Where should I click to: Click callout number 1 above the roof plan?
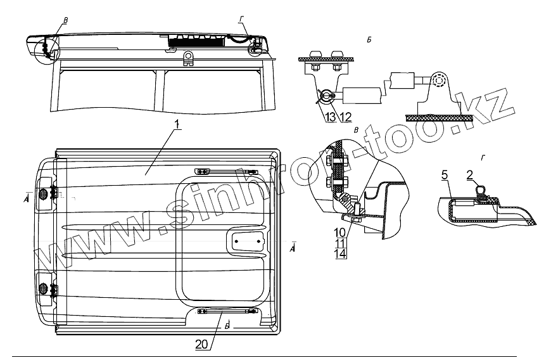(178, 125)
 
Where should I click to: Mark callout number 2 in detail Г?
(471, 175)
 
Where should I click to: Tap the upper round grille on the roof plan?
(44, 194)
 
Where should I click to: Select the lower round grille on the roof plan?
(44, 289)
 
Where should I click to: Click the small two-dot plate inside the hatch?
(248, 240)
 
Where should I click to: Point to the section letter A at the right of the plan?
(291, 248)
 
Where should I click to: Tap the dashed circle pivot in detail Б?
(439, 82)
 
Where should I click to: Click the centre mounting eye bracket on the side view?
(187, 59)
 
